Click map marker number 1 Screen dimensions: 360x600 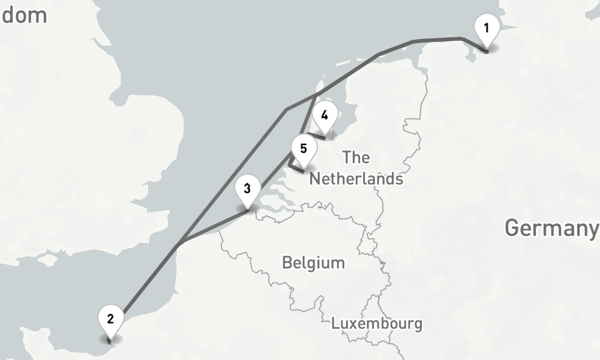point(487,31)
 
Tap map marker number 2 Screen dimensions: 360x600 point(110,322)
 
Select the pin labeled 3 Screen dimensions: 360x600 point(247,191)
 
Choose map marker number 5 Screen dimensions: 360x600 point(303,151)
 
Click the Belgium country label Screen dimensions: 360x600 point(313,263)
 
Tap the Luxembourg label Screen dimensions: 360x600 point(376,324)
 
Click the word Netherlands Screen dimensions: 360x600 point(356,179)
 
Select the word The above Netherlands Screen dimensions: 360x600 point(356,158)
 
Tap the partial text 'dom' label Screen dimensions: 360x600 point(24,15)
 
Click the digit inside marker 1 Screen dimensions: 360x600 point(487,27)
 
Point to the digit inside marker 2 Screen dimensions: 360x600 point(110,318)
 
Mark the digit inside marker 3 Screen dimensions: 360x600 point(247,187)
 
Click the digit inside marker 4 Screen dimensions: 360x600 point(325,115)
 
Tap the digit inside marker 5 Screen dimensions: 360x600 point(303,148)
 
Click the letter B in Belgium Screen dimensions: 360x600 point(287,263)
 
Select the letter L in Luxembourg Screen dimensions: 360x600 point(335,324)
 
